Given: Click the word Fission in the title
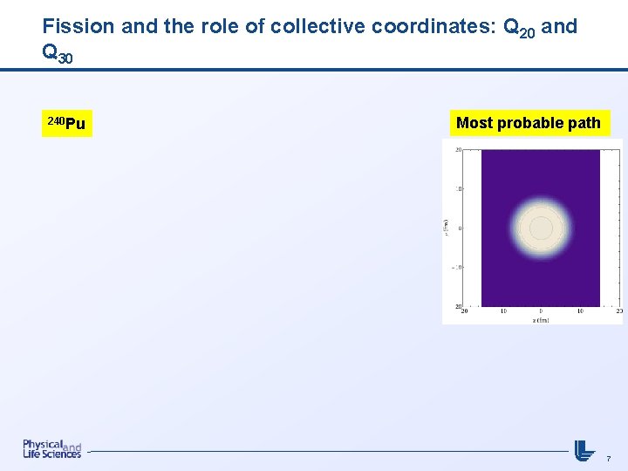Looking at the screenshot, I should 78,26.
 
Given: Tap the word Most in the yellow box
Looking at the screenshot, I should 474,123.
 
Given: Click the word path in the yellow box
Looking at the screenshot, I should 584,123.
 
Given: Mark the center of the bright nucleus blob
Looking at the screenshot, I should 541,228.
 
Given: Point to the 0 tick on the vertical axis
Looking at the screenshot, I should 460,228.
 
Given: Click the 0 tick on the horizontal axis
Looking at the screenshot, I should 541,311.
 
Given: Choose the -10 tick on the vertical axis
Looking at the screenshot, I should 457,267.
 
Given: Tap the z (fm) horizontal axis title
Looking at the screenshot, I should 541,320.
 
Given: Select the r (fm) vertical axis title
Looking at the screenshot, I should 447,228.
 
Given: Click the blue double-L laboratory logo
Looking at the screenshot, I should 584,450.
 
